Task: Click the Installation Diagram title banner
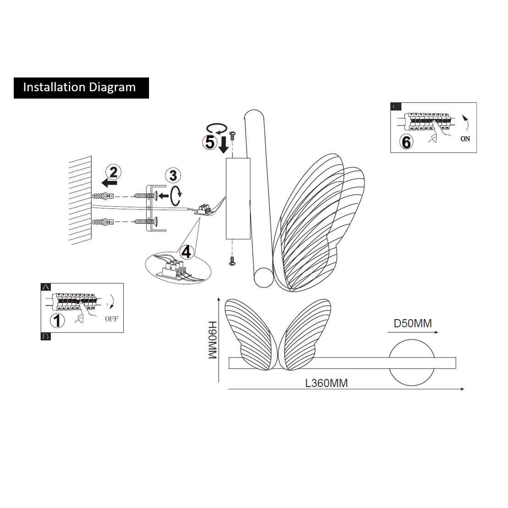pyautogui.click(x=81, y=87)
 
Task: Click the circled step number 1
pyautogui.click(x=57, y=320)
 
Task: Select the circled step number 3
pyautogui.click(x=173, y=175)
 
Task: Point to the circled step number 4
pyautogui.click(x=186, y=252)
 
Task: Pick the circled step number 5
pyautogui.click(x=210, y=142)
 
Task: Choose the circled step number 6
pyautogui.click(x=406, y=142)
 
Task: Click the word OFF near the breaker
pyautogui.click(x=111, y=318)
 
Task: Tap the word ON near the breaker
pyautogui.click(x=465, y=139)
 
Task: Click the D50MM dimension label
pyautogui.click(x=413, y=323)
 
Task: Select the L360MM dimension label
pyautogui.click(x=326, y=383)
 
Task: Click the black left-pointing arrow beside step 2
pyautogui.click(x=109, y=183)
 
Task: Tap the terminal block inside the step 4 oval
pyautogui.click(x=173, y=270)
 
